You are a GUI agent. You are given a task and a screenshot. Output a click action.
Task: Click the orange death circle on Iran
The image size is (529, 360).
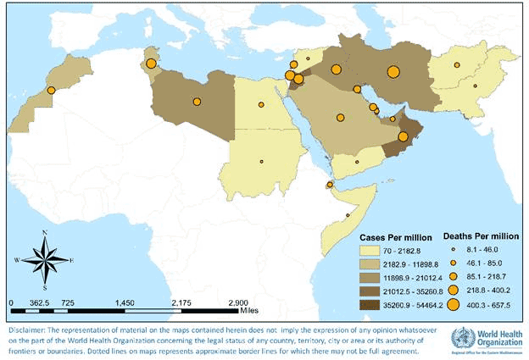pyautogui.click(x=393, y=72)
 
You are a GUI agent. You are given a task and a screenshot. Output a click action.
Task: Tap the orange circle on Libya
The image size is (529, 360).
pyautogui.click(x=197, y=102)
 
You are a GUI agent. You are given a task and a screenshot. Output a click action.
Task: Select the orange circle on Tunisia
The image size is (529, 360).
pyautogui.click(x=151, y=64)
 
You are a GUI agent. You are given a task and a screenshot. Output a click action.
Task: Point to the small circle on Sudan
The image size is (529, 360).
pyautogui.click(x=262, y=161)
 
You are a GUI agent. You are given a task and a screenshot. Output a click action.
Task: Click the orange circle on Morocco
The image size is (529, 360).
pyautogui.click(x=51, y=90)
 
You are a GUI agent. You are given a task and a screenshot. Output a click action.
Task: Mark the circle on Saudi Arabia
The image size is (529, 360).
pyautogui.click(x=340, y=118)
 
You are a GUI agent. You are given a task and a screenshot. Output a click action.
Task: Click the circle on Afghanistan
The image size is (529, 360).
pyautogui.click(x=456, y=65)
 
